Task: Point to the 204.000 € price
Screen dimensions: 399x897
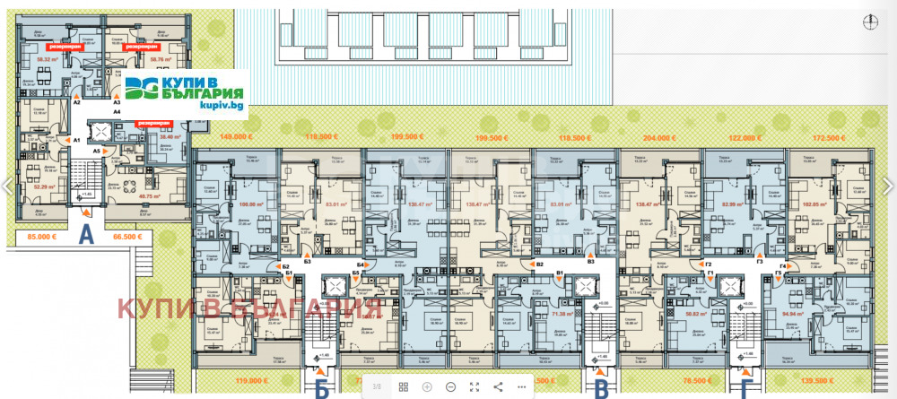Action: coord(658,137)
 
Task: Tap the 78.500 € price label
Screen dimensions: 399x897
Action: coord(696,380)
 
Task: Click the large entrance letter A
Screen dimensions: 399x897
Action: coord(86,236)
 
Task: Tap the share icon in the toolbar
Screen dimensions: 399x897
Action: coord(498,386)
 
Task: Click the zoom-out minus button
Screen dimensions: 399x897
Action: coord(450,386)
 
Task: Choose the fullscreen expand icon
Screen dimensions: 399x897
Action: coord(474,386)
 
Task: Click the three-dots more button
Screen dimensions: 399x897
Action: coord(521,386)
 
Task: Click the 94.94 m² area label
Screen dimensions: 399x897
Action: coord(791,315)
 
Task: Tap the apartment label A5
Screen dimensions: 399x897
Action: coord(97,152)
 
